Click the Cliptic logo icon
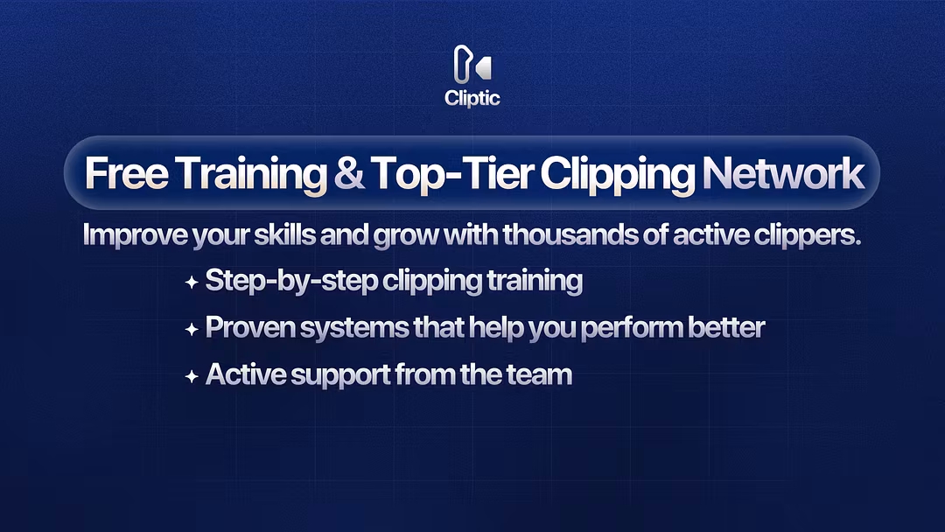click(472, 64)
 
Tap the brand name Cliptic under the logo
click(472, 98)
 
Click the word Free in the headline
click(127, 173)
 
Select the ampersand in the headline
click(348, 173)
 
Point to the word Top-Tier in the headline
click(452, 173)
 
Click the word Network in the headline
click(783, 173)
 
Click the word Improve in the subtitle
click(135, 235)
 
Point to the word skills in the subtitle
click(284, 234)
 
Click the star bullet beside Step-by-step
click(192, 282)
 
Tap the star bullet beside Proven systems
click(192, 329)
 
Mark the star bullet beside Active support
click(192, 376)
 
